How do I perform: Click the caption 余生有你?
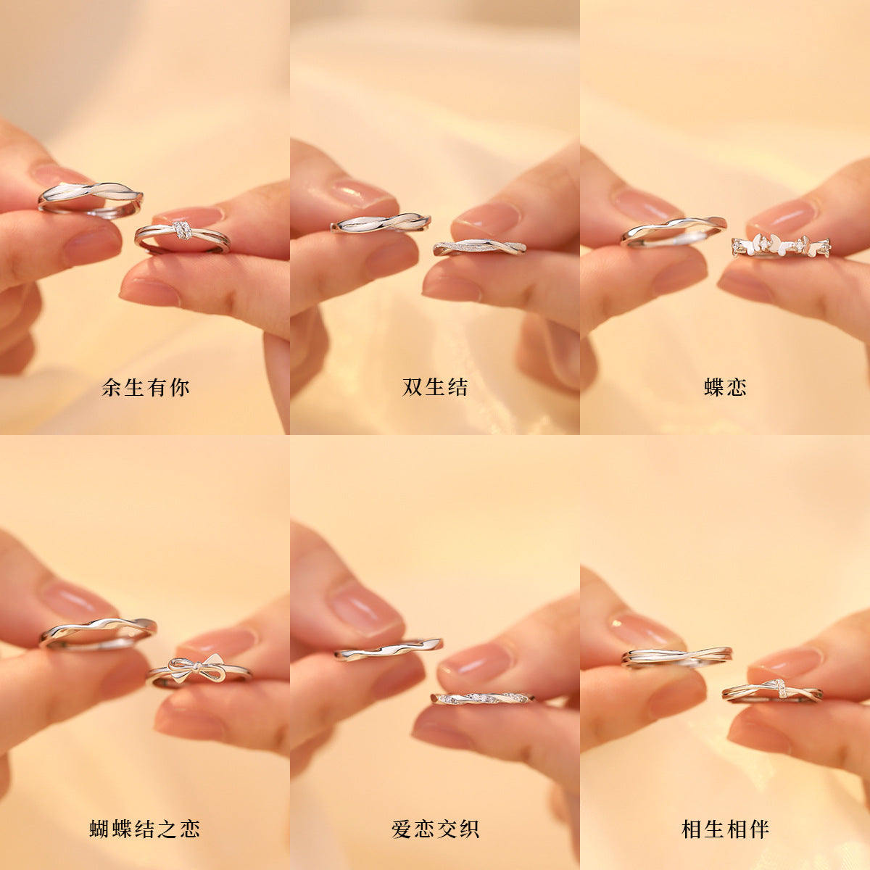(146, 387)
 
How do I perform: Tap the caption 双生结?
(435, 387)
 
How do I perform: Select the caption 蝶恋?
(725, 387)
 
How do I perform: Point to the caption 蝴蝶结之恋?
(144, 829)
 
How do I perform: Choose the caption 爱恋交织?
(435, 829)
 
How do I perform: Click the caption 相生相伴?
(725, 829)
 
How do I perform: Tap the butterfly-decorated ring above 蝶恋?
(780, 246)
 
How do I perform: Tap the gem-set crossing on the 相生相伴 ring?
(779, 687)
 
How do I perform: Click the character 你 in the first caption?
(180, 387)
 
